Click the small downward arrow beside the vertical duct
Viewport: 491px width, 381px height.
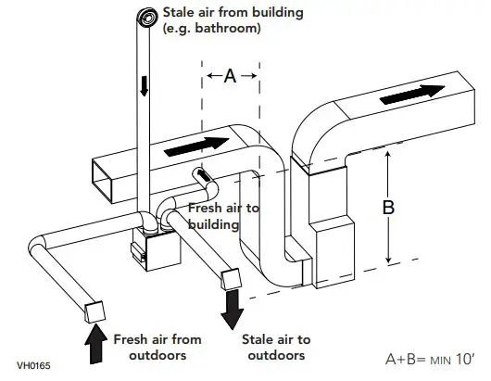(144, 86)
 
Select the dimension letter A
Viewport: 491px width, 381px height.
(231, 77)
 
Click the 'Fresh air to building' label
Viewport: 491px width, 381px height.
(223, 216)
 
